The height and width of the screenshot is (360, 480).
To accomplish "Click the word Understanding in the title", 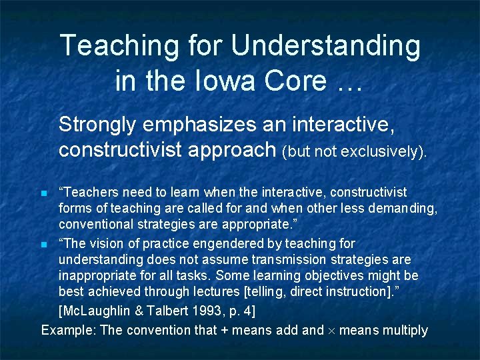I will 326,47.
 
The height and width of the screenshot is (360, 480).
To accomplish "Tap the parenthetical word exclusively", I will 382,152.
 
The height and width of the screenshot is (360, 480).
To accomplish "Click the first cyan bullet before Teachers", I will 44,194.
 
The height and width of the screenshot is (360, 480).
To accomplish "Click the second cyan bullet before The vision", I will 44,245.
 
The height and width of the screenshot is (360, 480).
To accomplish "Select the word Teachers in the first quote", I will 89,193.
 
